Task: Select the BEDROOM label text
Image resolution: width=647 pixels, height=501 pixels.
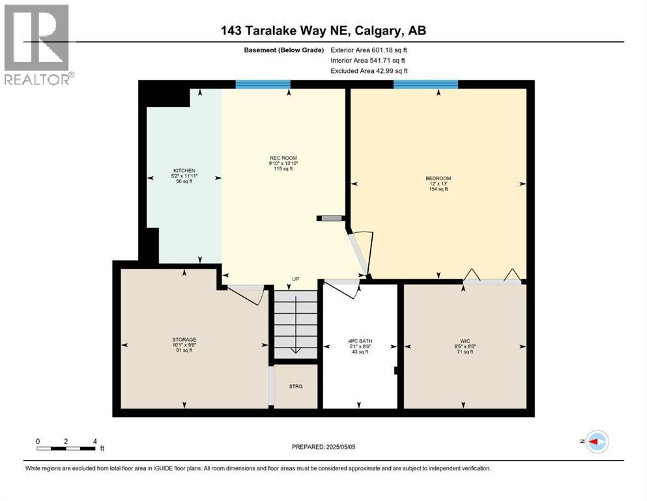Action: click(x=438, y=178)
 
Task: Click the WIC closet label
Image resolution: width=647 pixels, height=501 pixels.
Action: click(x=465, y=341)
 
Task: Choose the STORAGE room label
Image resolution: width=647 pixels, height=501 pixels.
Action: click(x=183, y=339)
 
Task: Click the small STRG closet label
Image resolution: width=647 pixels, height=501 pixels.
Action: click(x=296, y=386)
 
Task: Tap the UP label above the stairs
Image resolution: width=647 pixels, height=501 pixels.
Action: click(x=295, y=279)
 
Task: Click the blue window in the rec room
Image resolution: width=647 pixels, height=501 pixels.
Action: click(x=263, y=83)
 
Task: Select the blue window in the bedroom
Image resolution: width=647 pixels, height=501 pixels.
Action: click(x=425, y=83)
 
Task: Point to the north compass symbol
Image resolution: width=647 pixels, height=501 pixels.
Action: click(x=596, y=442)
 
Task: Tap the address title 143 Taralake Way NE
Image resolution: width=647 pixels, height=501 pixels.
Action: click(x=323, y=31)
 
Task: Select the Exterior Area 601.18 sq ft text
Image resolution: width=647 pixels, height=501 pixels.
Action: click(x=369, y=50)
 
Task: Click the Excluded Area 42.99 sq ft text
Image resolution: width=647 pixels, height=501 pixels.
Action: click(x=369, y=70)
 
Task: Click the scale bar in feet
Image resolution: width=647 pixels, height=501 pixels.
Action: click(x=66, y=448)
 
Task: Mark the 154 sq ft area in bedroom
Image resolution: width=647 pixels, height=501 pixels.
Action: click(x=438, y=190)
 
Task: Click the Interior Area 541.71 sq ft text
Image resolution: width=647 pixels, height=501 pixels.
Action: click(x=369, y=60)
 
